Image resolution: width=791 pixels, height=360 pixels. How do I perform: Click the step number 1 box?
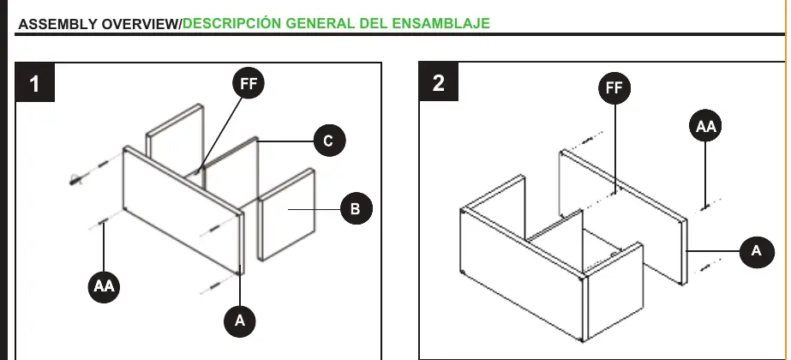point(34,83)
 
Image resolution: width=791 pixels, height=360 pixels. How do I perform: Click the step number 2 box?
point(439,81)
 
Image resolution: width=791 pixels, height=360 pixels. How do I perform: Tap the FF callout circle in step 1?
point(249,83)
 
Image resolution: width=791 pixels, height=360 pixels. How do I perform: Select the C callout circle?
point(329,141)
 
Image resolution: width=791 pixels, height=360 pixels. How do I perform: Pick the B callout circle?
point(357,208)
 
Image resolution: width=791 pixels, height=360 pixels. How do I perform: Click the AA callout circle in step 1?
point(104,286)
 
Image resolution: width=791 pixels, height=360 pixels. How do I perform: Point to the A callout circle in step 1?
point(240,320)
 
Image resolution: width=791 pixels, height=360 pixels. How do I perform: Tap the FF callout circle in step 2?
point(614,87)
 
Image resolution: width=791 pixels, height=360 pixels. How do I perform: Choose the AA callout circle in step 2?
point(705,126)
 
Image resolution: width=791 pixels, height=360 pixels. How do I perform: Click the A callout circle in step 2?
point(757,251)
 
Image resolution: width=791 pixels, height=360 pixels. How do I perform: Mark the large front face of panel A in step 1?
point(182,210)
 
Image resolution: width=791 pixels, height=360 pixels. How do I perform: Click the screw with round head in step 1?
point(76,179)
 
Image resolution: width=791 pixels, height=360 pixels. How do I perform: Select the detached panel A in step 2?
point(624,217)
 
